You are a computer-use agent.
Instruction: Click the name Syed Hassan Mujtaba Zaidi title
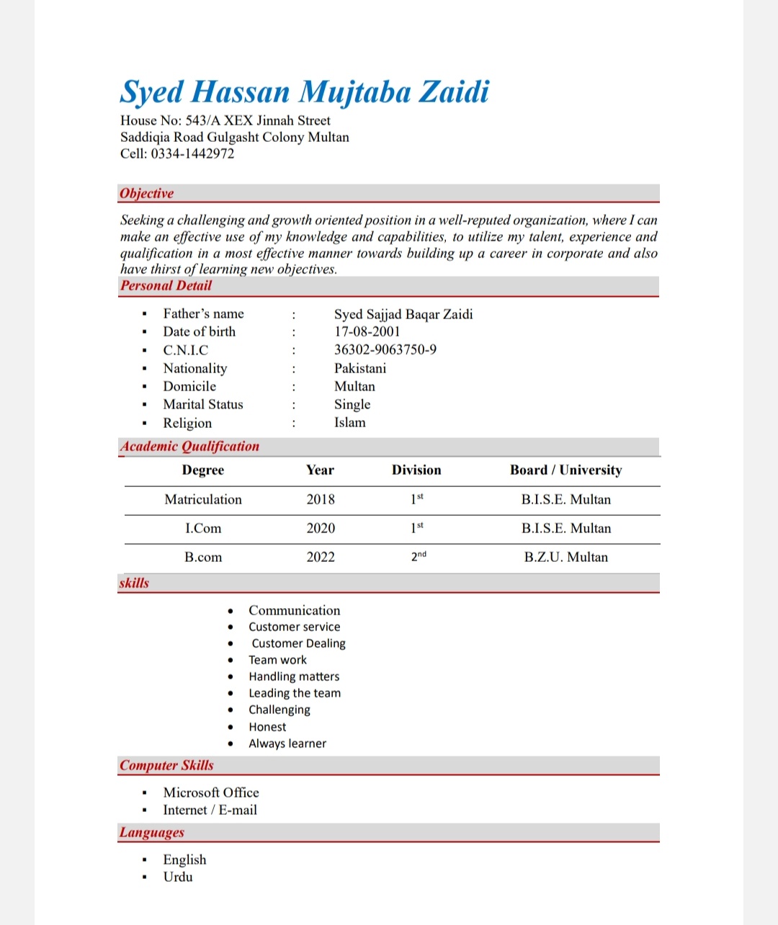click(x=305, y=92)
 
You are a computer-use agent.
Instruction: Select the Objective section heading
click(x=147, y=193)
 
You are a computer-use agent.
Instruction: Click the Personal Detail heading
click(x=166, y=285)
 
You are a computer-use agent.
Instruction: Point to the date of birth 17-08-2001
click(x=367, y=331)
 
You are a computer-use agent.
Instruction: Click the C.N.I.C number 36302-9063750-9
click(x=385, y=349)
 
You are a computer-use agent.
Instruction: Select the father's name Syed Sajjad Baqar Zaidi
click(x=403, y=314)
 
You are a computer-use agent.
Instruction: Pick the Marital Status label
click(x=203, y=404)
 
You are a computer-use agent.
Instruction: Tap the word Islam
click(x=349, y=423)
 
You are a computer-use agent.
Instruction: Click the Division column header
click(x=416, y=470)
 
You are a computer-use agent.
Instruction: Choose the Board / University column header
click(x=565, y=470)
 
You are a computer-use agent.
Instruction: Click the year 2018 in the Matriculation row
click(x=321, y=499)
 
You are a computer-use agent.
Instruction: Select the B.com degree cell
click(x=203, y=557)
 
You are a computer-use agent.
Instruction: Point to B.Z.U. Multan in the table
click(x=565, y=557)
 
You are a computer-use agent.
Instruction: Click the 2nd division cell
click(x=419, y=556)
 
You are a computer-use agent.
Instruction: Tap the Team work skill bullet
click(x=277, y=660)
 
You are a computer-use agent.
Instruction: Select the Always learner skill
click(x=287, y=743)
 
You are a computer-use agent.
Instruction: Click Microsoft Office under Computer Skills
click(x=211, y=792)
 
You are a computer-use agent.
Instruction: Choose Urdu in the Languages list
click(x=178, y=877)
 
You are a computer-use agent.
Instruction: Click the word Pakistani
click(x=360, y=368)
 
